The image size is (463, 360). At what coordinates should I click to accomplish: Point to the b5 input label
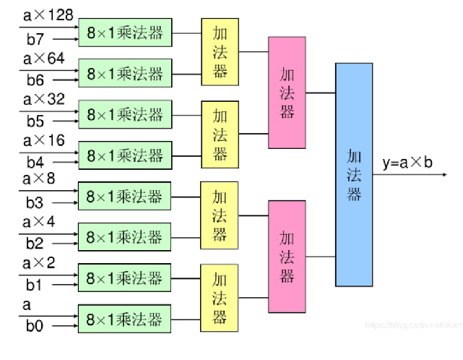pos(36,120)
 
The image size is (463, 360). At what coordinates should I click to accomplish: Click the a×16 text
pos(45,140)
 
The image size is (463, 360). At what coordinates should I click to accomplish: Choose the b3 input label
pos(36,202)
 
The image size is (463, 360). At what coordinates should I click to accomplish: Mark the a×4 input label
pos(40,220)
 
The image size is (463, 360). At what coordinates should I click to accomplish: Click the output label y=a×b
pos(407,163)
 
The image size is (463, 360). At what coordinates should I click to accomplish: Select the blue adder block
pos(354,174)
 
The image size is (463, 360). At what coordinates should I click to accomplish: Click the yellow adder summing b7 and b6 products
pos(220,52)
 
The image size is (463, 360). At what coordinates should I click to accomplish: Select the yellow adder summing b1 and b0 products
pos(220,298)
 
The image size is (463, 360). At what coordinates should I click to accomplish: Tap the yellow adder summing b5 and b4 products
pos(220,134)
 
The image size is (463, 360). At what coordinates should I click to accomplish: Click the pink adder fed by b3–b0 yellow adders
pos(287,257)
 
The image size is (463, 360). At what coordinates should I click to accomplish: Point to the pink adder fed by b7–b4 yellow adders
pos(287,93)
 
